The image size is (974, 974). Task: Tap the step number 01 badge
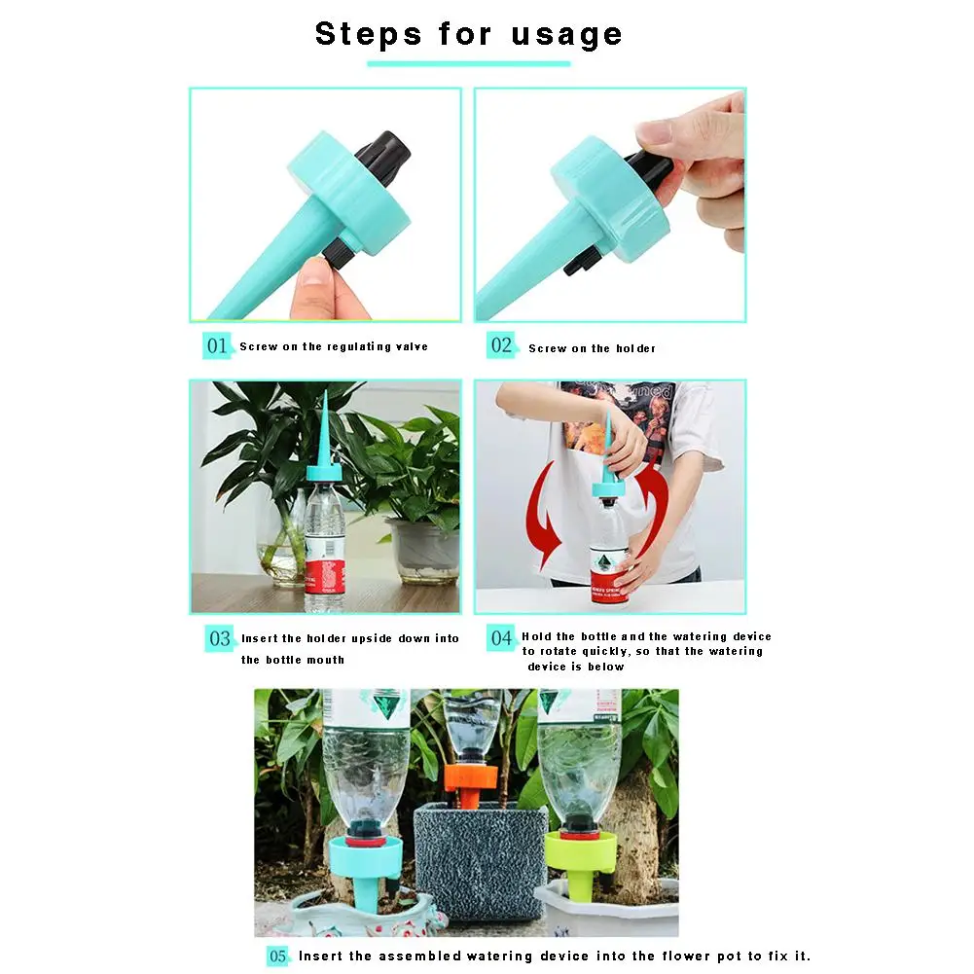click(x=217, y=345)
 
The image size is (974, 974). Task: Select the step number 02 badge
click(x=501, y=345)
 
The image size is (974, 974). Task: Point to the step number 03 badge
click(x=220, y=638)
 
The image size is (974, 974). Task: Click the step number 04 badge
click(x=501, y=638)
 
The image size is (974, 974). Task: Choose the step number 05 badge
click(x=278, y=956)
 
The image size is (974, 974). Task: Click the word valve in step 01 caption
click(x=412, y=346)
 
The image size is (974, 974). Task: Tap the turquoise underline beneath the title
click(x=468, y=64)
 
